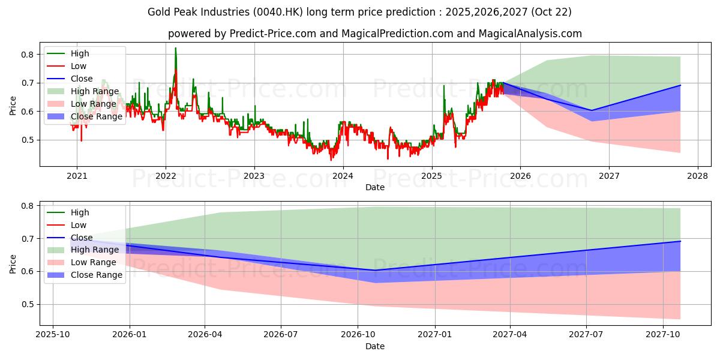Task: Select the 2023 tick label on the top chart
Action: pos(254,176)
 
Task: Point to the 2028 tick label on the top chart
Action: pos(698,176)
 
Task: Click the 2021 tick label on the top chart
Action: pos(77,176)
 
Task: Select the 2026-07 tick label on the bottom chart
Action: pos(281,335)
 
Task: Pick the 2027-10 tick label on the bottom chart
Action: pos(663,335)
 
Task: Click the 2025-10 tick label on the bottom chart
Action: pos(53,335)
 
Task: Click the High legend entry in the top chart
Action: pos(80,53)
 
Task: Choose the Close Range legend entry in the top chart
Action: pos(97,116)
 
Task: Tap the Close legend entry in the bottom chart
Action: pos(82,238)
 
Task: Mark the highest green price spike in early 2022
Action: pos(175,48)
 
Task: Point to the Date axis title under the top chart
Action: pos(375,188)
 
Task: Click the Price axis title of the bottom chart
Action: pos(13,263)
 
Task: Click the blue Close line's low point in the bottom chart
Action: pos(374,270)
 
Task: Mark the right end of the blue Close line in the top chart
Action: pos(680,85)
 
